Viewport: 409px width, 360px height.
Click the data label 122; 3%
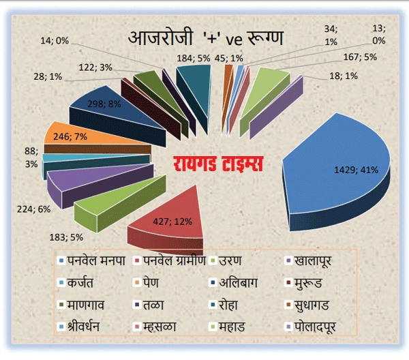[96, 67]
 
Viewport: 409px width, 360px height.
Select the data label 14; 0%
[55, 40]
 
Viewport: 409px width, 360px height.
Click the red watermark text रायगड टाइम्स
[218, 165]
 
